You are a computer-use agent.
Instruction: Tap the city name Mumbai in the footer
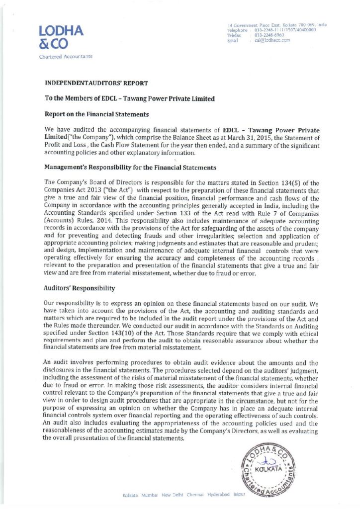[x=149, y=496]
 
